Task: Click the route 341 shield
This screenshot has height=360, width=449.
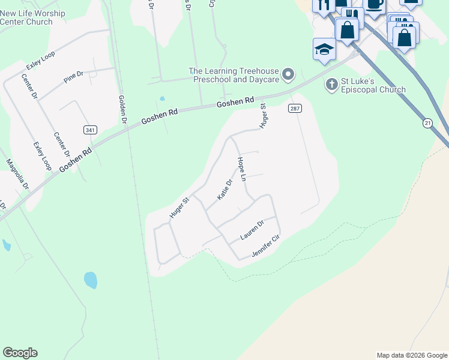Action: (89, 130)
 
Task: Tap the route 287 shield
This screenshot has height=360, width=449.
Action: (294, 109)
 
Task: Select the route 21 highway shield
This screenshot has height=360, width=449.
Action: (427, 123)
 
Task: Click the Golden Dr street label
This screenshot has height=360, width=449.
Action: (122, 110)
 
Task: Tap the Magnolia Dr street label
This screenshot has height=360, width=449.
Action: (17, 174)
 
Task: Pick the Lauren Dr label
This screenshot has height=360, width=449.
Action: (252, 230)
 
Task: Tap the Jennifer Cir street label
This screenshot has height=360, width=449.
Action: (266, 247)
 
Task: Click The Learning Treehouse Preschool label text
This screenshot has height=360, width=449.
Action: (234, 75)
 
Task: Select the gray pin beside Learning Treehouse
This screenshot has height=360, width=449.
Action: (289, 74)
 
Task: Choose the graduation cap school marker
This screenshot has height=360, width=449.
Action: (324, 50)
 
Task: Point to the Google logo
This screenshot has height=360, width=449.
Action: (20, 353)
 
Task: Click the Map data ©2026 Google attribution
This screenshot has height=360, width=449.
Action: (411, 355)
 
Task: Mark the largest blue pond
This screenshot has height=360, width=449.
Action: (91, 280)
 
